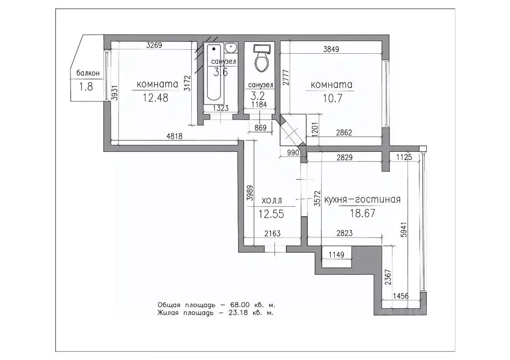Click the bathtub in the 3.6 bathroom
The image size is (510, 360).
coord(214,72)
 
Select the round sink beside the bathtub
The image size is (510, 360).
coord(231,48)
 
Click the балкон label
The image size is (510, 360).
coord(88,73)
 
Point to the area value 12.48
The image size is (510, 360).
coord(155,98)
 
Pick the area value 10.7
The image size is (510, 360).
coord(332,98)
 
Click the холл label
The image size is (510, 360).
coord(271,201)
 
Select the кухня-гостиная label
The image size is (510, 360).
coord(363,200)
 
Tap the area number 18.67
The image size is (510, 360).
coord(363,213)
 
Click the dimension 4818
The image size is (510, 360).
coord(175,136)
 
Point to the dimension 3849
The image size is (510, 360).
coord(331,49)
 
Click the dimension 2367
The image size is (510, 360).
coord(388,277)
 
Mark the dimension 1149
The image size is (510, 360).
coord(336,254)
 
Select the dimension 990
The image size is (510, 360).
coord(293,152)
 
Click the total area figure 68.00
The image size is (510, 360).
coord(240,305)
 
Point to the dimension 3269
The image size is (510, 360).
coord(154,45)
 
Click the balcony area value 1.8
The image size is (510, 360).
coord(86,87)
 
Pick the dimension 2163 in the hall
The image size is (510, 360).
coord(272,233)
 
